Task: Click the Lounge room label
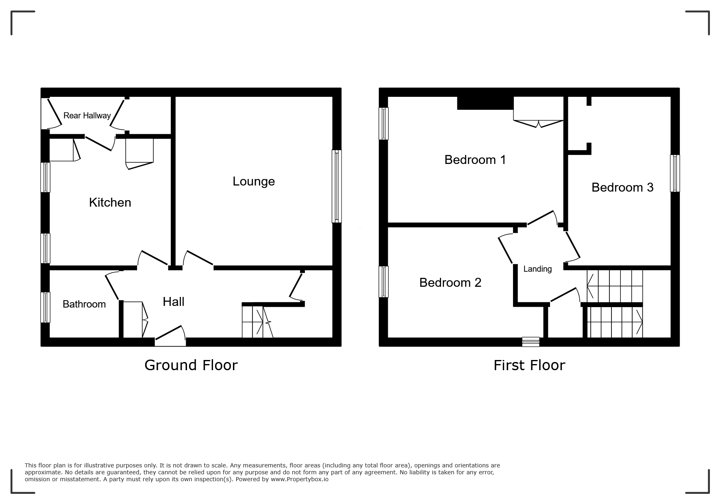click(x=254, y=181)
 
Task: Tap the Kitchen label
click(x=110, y=203)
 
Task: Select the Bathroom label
click(x=84, y=304)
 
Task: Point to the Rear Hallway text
click(x=87, y=116)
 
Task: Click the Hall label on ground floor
click(x=174, y=302)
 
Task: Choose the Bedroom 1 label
click(x=475, y=160)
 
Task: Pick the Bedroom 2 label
click(x=450, y=283)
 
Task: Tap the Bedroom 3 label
click(x=622, y=188)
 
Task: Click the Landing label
click(x=537, y=269)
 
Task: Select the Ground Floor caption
click(x=191, y=365)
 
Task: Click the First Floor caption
click(x=529, y=365)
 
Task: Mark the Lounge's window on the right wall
click(x=337, y=186)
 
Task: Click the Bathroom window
click(x=46, y=307)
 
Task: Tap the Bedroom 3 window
click(x=675, y=173)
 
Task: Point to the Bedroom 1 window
click(x=383, y=123)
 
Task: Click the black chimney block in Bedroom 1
click(x=485, y=103)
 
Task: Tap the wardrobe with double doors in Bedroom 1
click(x=538, y=112)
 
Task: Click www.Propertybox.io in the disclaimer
click(x=300, y=479)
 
